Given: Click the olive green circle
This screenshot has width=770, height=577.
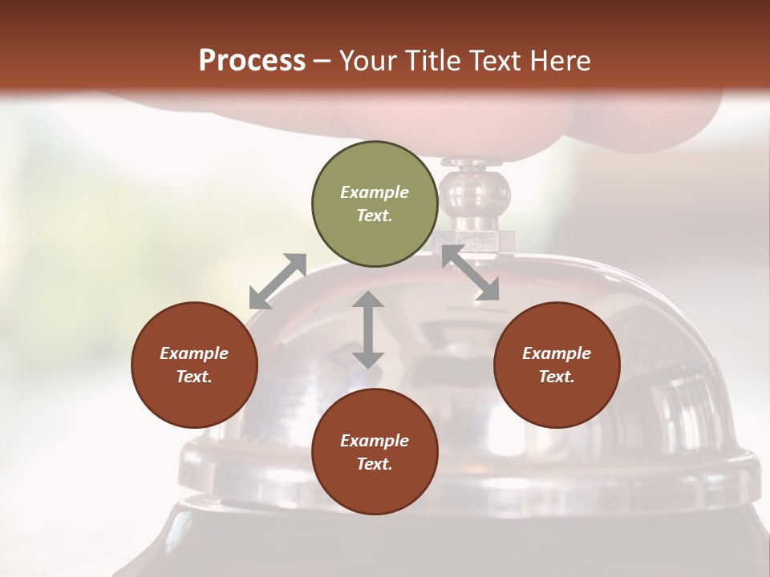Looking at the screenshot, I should [375, 204].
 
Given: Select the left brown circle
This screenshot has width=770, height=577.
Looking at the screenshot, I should [194, 365].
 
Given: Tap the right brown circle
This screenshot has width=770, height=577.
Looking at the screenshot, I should [557, 365].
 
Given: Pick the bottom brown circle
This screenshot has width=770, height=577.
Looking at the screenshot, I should [375, 452].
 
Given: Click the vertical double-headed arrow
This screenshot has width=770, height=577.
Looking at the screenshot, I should [368, 329].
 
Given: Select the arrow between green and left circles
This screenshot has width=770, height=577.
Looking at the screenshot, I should [278, 281].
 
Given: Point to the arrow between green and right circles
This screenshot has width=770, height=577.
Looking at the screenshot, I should [470, 272].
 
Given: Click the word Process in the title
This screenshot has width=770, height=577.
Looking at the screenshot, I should [252, 60].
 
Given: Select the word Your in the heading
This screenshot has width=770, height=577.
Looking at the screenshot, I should [364, 60].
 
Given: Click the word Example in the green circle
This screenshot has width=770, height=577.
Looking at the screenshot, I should [375, 192].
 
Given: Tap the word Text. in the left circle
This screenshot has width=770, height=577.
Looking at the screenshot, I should [194, 377].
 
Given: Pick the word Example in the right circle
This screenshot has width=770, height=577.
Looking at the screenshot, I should [557, 353].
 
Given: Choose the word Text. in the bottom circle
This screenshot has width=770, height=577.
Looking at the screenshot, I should [375, 464].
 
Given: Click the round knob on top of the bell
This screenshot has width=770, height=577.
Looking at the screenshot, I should [475, 192].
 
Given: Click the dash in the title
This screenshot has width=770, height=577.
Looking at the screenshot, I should [322, 61].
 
